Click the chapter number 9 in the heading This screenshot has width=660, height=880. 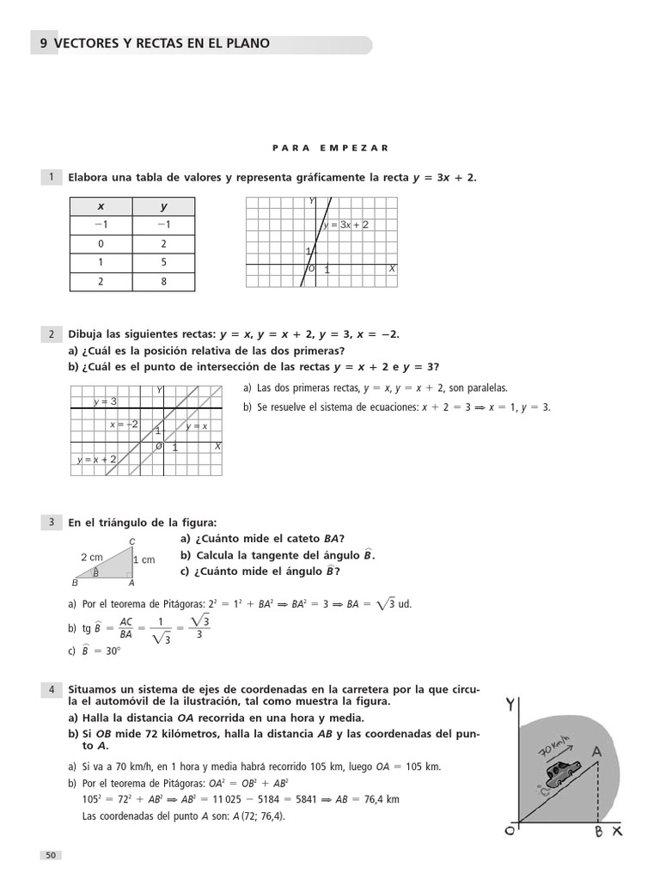(x=44, y=44)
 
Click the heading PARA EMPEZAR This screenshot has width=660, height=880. (x=330, y=148)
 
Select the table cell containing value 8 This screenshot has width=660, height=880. (x=163, y=281)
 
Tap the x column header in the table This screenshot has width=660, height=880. (x=101, y=206)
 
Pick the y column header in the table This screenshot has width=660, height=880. (x=163, y=206)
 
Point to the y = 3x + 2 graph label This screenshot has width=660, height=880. (x=345, y=224)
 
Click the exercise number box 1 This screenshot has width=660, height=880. (x=51, y=177)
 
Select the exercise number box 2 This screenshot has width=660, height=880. (x=51, y=333)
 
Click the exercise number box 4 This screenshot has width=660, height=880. (x=51, y=689)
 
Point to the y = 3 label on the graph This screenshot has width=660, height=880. (x=105, y=401)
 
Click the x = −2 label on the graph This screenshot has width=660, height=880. (x=124, y=425)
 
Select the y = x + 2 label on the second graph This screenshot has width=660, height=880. (x=96, y=460)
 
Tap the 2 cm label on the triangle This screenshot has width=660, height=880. (x=91, y=557)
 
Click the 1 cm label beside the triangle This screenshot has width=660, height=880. (x=144, y=559)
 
